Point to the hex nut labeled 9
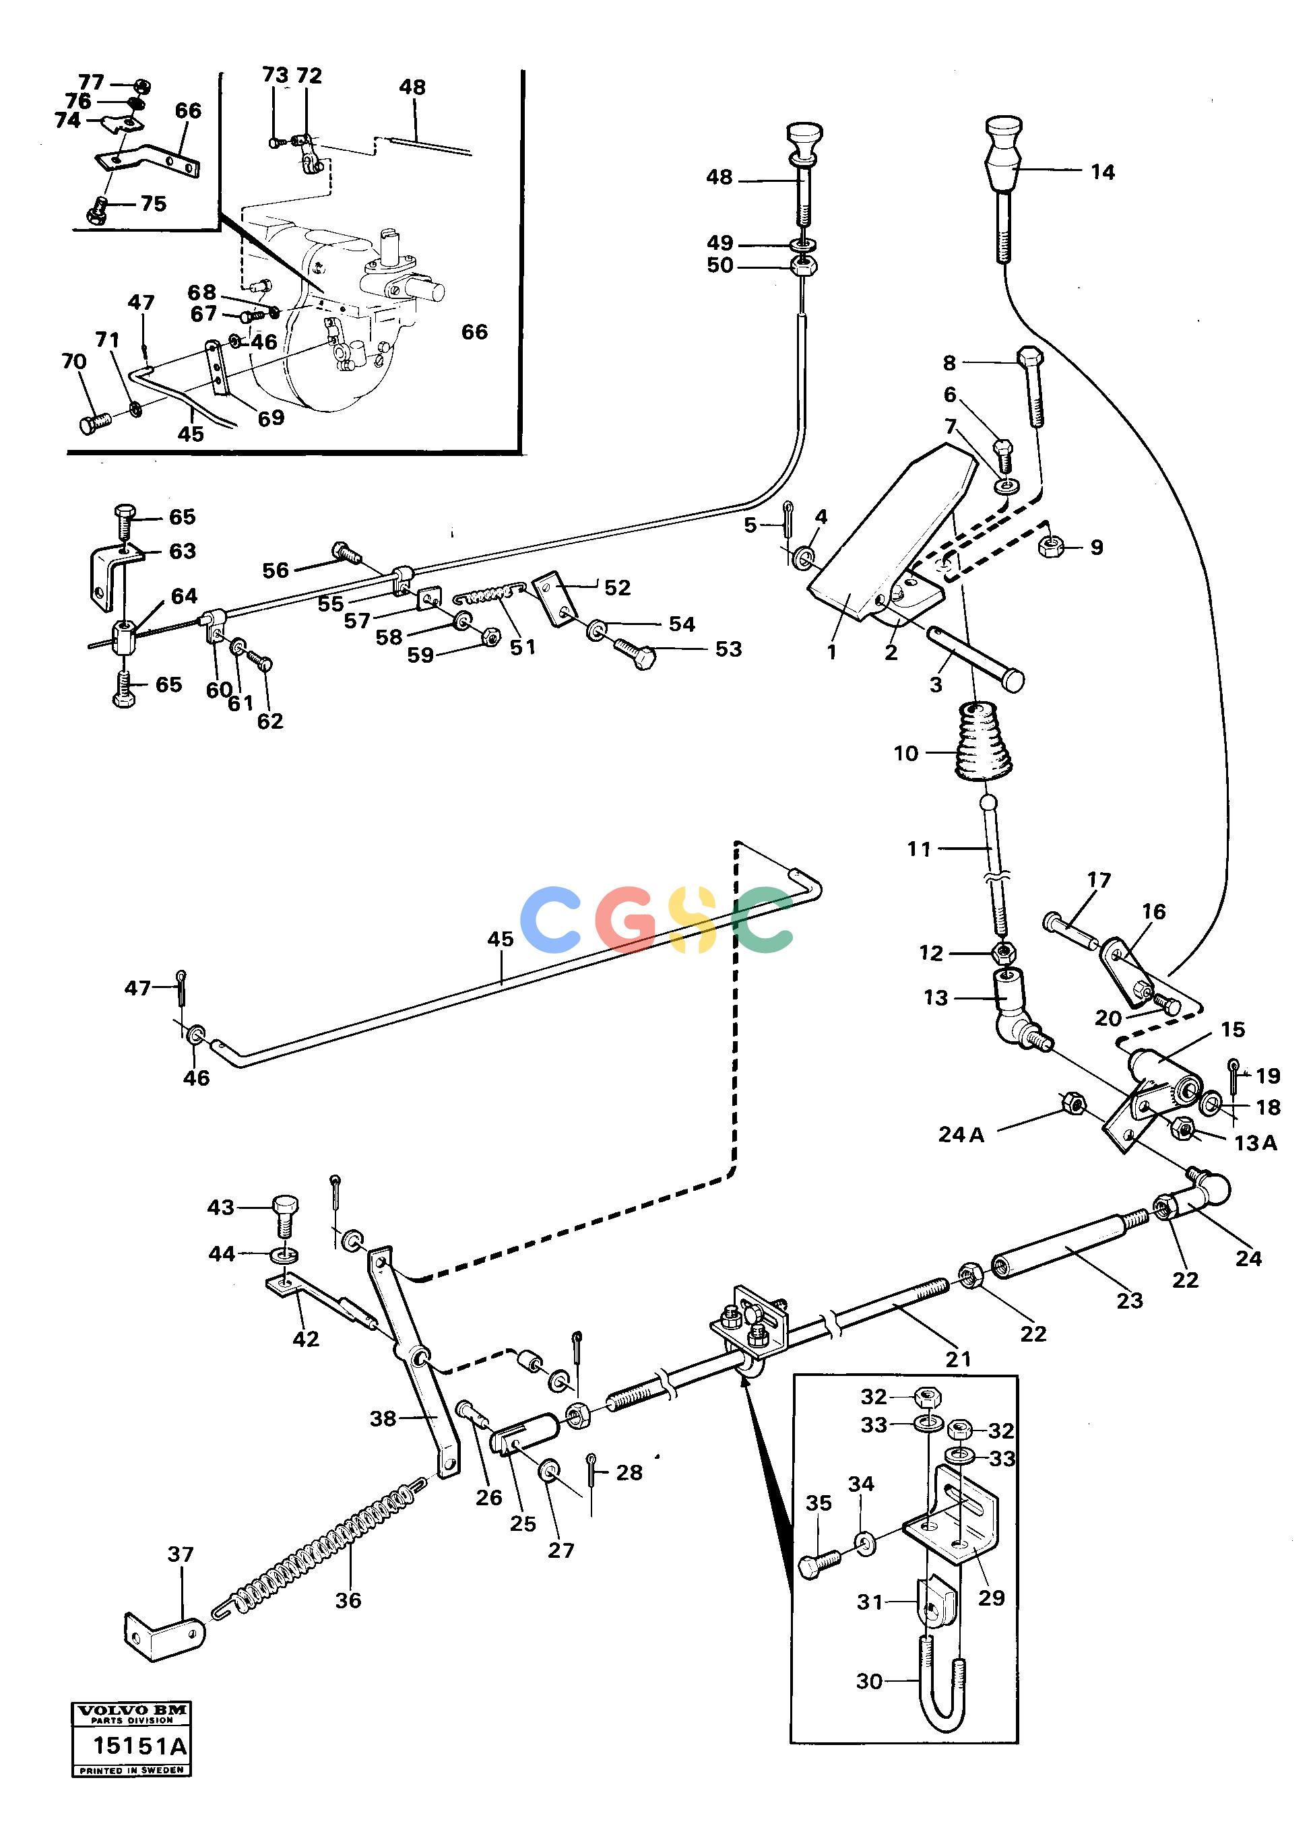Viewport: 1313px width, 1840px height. click(1051, 547)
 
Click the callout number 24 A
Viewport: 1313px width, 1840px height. click(961, 1135)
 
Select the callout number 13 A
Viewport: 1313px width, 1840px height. click(1255, 1143)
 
